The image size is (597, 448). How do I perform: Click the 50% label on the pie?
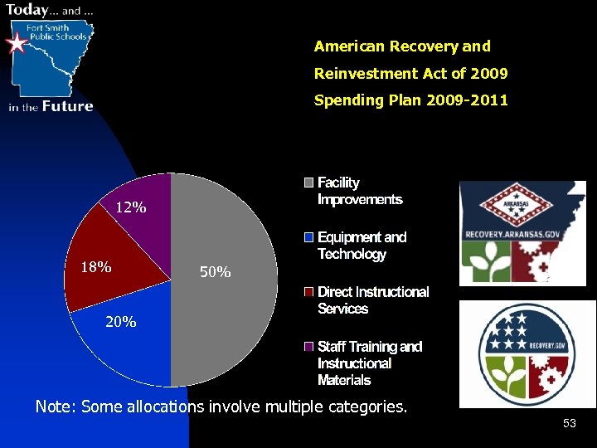tap(216, 272)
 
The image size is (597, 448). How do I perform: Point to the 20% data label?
tap(121, 322)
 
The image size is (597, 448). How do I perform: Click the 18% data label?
tap(96, 267)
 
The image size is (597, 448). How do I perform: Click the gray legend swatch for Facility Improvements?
tap(308, 183)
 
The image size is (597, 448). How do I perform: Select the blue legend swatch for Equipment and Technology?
tap(308, 237)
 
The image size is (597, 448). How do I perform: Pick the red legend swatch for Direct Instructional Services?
tap(308, 292)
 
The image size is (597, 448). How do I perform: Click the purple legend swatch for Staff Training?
tap(308, 347)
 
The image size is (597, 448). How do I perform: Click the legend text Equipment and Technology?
tap(362, 246)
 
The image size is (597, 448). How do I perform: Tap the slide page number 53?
tap(569, 424)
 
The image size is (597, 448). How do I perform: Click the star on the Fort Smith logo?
tap(17, 43)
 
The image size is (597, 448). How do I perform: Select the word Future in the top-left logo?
tap(68, 106)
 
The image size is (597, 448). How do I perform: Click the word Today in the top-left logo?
tap(27, 10)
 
